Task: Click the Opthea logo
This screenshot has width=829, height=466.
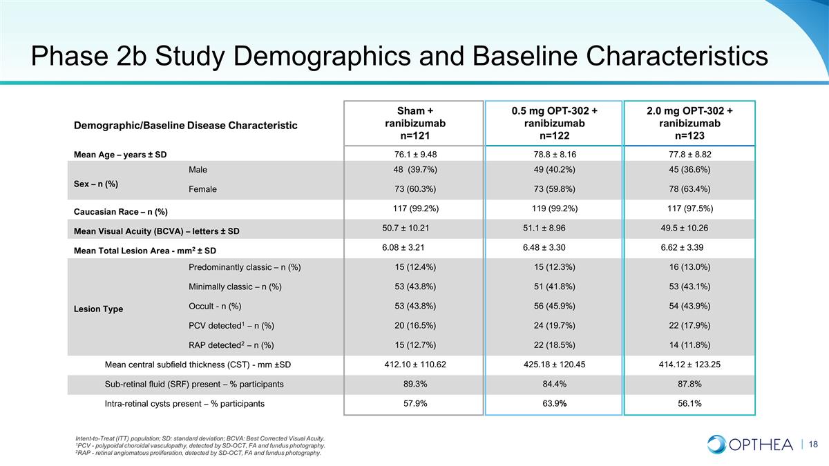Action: point(750,444)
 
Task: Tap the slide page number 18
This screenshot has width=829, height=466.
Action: point(813,444)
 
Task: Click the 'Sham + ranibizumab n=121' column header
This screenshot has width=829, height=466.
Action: point(415,123)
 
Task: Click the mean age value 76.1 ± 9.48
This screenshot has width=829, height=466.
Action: point(415,154)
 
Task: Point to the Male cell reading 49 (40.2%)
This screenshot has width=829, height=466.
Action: point(554,169)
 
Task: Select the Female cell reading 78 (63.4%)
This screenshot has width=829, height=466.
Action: point(689,189)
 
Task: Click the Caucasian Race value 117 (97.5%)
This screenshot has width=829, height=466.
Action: point(690,208)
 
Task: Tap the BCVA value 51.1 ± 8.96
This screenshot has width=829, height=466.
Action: point(544,228)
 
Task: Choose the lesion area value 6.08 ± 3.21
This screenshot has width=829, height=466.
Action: point(403,247)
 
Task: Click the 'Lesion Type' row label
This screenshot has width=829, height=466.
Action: point(98,309)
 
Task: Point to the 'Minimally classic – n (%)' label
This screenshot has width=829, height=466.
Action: point(235,287)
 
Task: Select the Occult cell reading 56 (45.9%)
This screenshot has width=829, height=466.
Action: point(554,306)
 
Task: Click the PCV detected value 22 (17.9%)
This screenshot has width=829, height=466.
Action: point(689,325)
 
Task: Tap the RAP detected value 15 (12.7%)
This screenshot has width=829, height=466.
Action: point(415,345)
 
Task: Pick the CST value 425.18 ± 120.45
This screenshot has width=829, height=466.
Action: point(554,365)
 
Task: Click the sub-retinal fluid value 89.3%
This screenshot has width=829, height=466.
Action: point(415,384)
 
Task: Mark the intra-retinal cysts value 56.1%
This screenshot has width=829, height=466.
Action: point(689,403)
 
